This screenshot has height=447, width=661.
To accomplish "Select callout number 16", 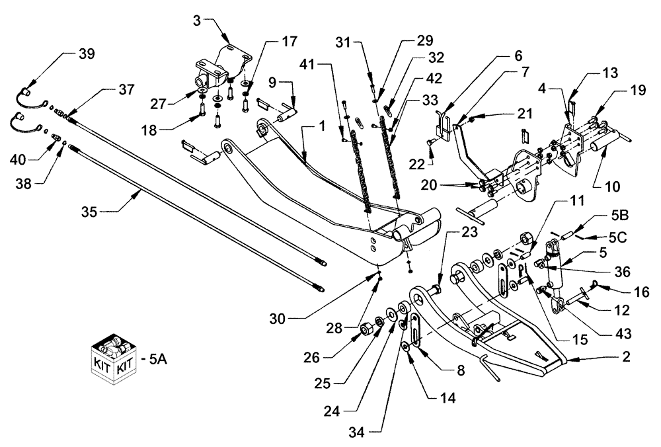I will coord(624,290).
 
